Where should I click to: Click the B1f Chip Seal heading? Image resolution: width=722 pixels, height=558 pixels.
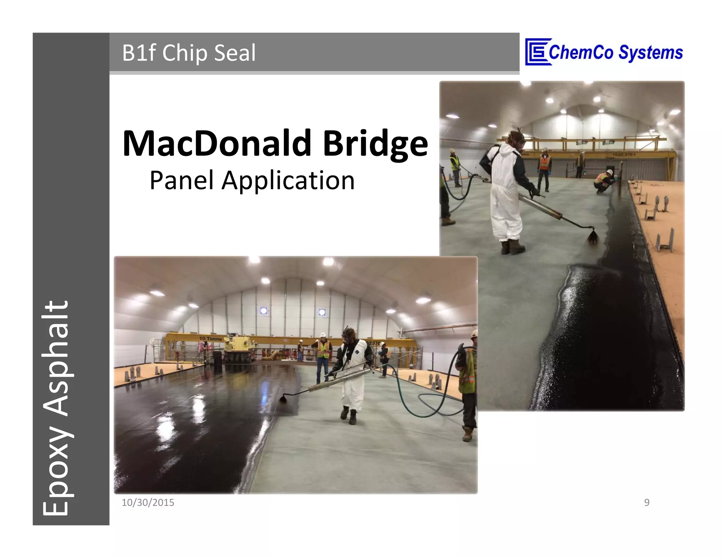(x=189, y=53)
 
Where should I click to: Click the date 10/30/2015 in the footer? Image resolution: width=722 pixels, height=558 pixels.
(x=148, y=503)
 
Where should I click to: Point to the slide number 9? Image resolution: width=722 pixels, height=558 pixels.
(x=647, y=503)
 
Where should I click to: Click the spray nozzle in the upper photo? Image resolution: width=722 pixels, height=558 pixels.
(x=593, y=236)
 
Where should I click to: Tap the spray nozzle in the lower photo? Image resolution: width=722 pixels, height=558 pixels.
(x=284, y=399)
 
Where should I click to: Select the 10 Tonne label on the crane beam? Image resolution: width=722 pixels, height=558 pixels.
(x=210, y=339)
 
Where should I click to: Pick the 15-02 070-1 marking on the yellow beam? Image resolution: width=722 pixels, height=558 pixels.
(x=624, y=154)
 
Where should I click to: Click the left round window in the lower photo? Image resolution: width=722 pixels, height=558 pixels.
(x=264, y=311)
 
